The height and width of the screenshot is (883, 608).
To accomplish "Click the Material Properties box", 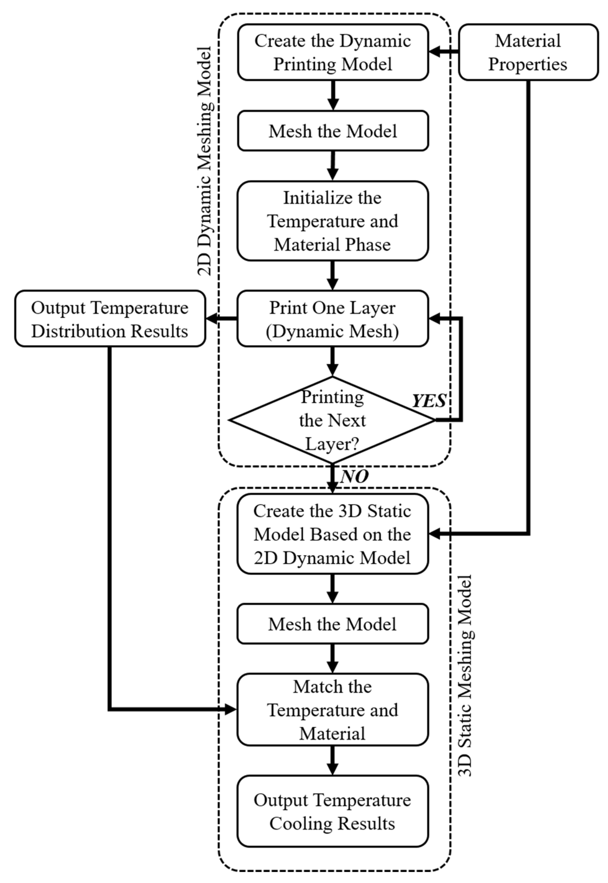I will pos(528,52).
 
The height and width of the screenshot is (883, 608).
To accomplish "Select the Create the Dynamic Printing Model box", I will pos(332,52).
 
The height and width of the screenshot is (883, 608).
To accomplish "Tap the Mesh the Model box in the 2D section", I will pos(332,131).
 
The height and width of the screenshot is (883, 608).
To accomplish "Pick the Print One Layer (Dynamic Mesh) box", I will pos(332,319).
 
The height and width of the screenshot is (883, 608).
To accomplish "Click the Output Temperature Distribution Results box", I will pos(110,319).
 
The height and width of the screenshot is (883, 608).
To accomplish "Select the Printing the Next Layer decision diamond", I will pos(332,420).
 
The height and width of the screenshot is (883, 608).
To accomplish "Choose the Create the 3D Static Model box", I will pos(332,534).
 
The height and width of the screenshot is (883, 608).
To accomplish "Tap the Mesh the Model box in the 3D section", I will pos(332,624).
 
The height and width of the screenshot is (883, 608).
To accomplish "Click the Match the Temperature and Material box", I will pos(332,710).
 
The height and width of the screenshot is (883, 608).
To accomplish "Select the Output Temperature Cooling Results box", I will pos(332,811).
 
